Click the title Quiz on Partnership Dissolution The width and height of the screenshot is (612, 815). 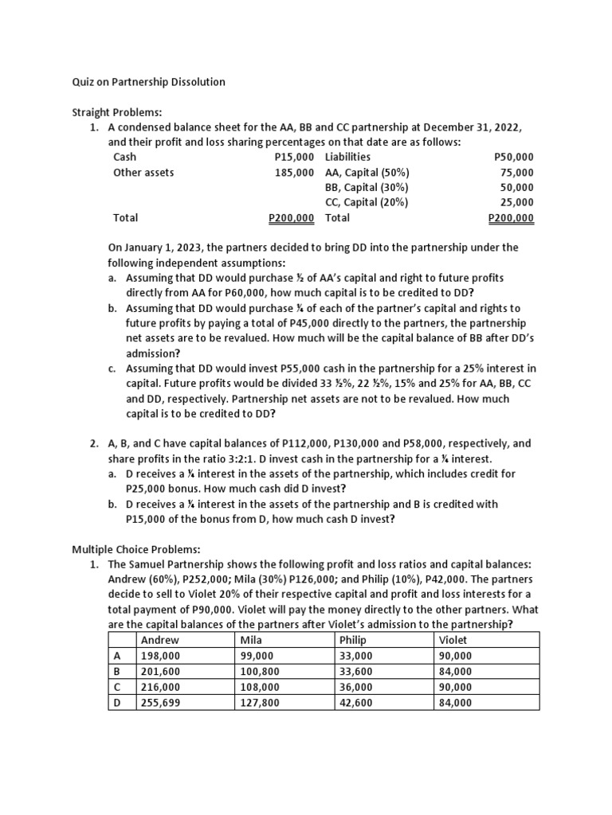[x=148, y=82]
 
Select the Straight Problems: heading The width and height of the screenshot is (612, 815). [x=117, y=112]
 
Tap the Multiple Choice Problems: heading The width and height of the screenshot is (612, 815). [x=137, y=549]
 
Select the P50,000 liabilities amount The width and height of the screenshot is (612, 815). [x=514, y=158]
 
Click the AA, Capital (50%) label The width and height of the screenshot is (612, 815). [x=367, y=172]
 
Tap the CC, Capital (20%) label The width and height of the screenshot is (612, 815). [x=367, y=202]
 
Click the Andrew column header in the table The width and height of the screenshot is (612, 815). [x=159, y=640]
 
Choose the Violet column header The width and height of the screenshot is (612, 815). [x=453, y=640]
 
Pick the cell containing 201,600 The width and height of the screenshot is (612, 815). [x=160, y=671]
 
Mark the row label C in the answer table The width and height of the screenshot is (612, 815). [x=118, y=687]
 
